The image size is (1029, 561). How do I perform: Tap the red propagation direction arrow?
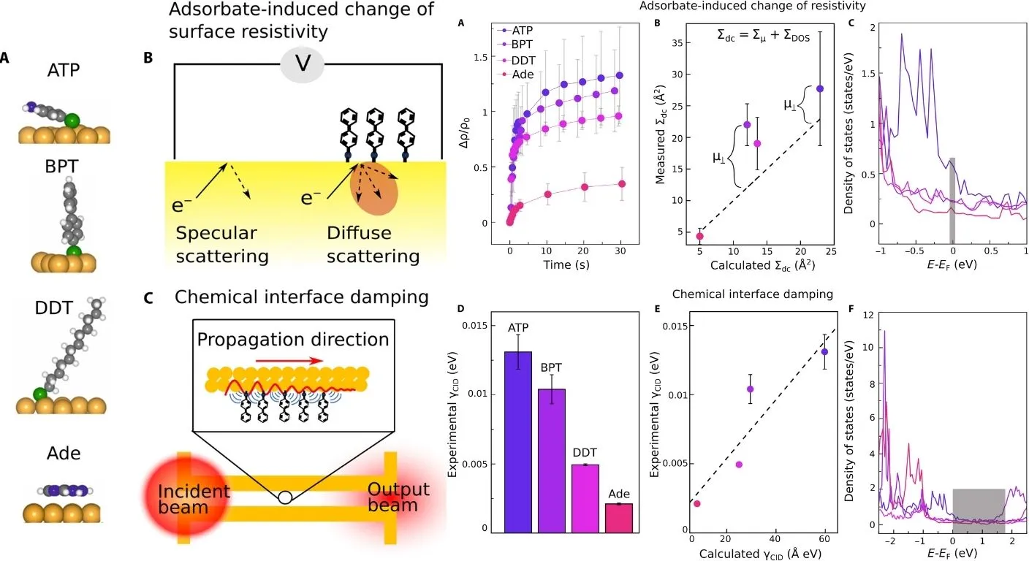292,360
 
